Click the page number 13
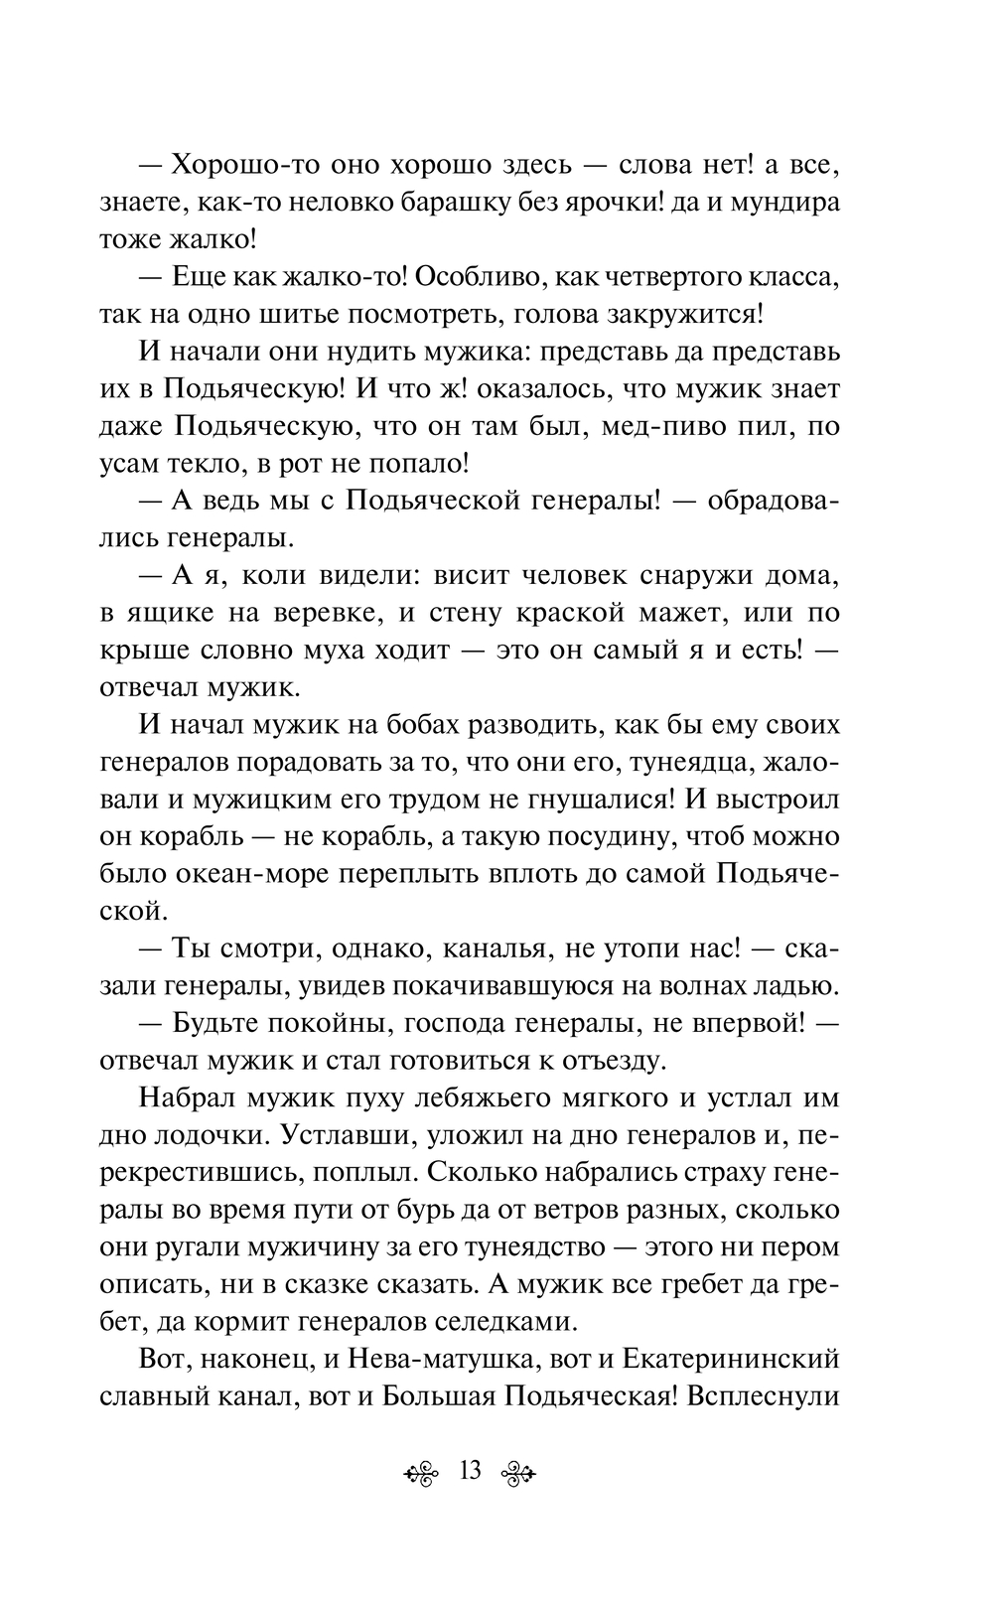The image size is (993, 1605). [x=470, y=1470]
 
